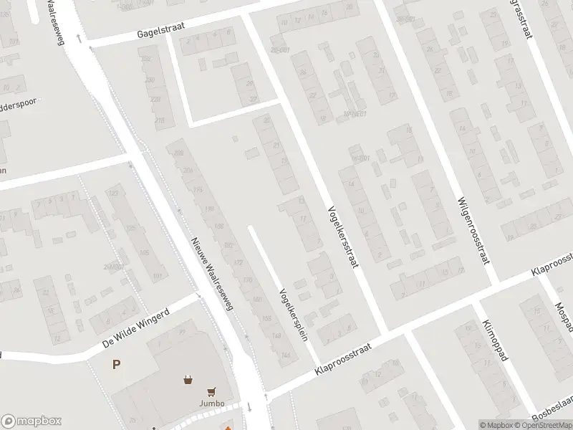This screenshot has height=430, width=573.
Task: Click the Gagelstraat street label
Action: [x=162, y=30]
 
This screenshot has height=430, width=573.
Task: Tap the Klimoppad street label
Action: [x=495, y=340]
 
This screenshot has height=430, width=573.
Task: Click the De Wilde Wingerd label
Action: [x=135, y=328]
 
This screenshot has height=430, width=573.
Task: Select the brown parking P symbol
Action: [x=115, y=365]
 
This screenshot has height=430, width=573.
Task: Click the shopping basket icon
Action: [x=188, y=380]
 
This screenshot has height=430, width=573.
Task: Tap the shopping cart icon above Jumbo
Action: [x=211, y=391]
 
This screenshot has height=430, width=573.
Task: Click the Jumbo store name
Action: [x=211, y=403]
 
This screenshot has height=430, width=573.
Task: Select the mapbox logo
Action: [x=32, y=421]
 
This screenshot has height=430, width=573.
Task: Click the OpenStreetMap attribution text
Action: [x=544, y=425]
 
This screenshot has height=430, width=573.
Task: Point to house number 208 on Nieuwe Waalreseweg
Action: [x=179, y=153]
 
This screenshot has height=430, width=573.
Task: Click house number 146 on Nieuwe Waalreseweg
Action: [x=286, y=355]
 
